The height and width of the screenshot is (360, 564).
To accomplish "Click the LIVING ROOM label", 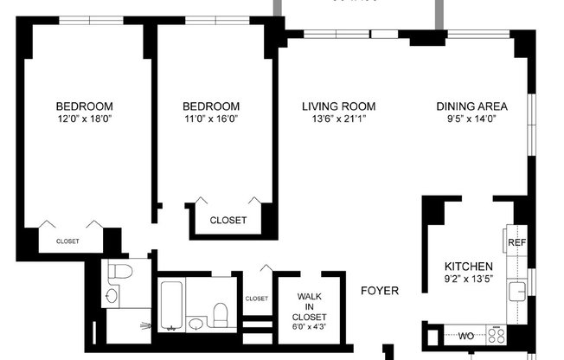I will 338,106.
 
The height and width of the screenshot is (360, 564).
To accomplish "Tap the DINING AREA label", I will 471,106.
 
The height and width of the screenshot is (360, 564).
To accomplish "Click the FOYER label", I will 379,292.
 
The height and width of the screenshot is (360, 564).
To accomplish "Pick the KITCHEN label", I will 469,266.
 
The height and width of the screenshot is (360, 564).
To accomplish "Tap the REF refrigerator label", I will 516,243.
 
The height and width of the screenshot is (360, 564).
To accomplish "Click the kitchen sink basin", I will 518,291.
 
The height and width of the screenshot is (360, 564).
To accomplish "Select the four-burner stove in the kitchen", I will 498,333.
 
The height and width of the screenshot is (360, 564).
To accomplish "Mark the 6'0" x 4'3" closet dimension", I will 310,326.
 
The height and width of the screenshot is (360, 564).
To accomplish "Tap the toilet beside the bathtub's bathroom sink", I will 221,312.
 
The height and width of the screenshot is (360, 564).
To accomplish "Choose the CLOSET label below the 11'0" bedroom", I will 228,220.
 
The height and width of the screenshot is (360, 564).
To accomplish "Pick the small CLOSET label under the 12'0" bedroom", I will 67,241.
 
